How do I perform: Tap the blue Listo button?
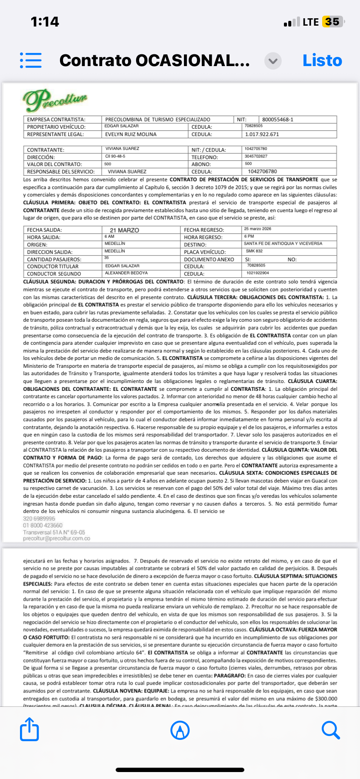click(x=322, y=60)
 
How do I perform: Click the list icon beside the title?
click(x=31, y=60)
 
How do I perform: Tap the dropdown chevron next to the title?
click(x=273, y=61)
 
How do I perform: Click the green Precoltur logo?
click(x=55, y=100)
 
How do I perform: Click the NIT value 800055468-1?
click(x=277, y=120)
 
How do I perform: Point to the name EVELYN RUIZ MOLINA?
click(x=131, y=134)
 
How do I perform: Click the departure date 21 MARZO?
click(x=124, y=230)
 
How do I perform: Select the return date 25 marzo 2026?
click(x=257, y=229)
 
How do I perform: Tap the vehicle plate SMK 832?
click(x=254, y=251)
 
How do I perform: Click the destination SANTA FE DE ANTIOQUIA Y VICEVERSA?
click(x=283, y=243)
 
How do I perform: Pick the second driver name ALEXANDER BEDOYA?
click(x=126, y=273)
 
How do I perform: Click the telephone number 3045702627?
click(x=256, y=156)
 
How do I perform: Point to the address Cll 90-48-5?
click(x=115, y=156)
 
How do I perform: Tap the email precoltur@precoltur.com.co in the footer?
click(x=57, y=539)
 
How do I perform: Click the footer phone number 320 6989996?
click(x=39, y=519)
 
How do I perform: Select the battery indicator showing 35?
click(x=332, y=22)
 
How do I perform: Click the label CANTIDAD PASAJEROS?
click(x=54, y=260)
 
